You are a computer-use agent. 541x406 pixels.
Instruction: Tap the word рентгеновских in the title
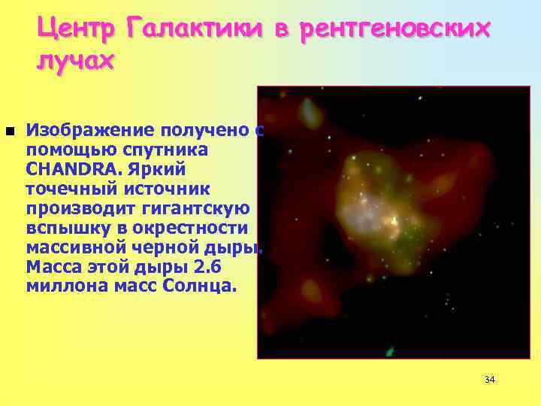394,29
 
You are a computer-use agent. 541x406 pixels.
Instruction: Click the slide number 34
490,380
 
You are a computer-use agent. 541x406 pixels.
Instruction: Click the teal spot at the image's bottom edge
389,350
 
